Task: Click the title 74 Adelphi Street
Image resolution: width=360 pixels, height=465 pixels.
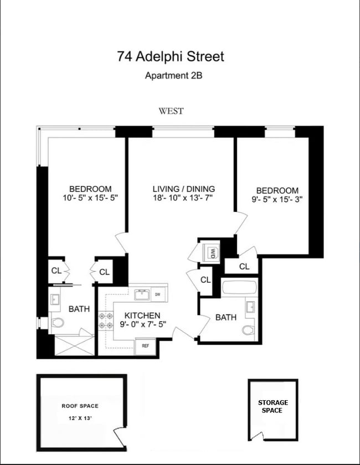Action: click(x=171, y=56)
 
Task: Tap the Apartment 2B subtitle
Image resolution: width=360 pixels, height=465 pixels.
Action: click(x=173, y=76)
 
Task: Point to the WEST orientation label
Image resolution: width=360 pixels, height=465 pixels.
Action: click(x=171, y=111)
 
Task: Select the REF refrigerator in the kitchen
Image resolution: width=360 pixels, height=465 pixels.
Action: click(x=146, y=345)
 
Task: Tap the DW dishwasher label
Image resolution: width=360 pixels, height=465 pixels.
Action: click(x=157, y=294)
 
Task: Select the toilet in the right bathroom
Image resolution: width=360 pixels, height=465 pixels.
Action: click(x=248, y=330)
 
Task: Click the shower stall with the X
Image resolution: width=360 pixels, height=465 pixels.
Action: click(x=73, y=344)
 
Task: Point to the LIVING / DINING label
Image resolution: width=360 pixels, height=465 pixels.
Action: click(x=184, y=189)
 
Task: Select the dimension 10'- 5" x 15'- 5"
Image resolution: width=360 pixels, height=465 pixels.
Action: click(x=90, y=197)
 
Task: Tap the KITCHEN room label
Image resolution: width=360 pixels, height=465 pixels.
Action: click(x=142, y=316)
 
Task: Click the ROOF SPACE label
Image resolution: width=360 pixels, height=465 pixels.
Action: click(x=80, y=406)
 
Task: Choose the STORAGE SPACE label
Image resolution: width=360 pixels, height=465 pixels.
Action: click(x=273, y=406)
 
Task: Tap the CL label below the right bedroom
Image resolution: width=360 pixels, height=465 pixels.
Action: click(x=244, y=266)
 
